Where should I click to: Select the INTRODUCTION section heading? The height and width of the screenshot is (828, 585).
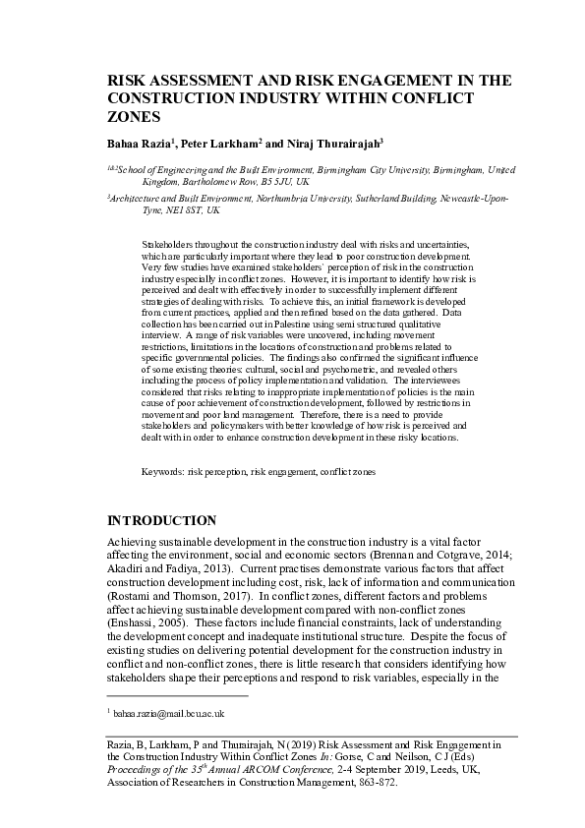click(161, 519)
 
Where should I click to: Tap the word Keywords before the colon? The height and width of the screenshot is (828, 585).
click(161, 472)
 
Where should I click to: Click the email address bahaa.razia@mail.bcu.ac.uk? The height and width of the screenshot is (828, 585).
click(169, 713)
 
